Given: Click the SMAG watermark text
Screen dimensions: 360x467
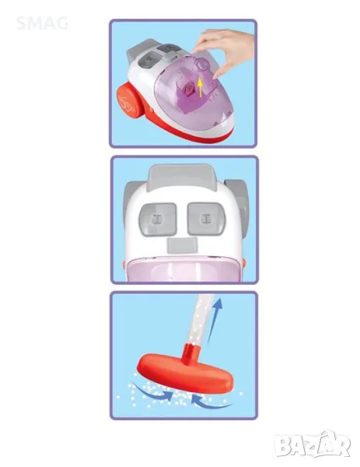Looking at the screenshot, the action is (x=42, y=23).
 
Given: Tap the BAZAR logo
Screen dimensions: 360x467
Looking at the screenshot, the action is (x=313, y=444).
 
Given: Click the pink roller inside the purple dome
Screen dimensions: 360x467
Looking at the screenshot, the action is (x=190, y=89).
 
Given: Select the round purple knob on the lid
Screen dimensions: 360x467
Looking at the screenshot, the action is (x=202, y=64).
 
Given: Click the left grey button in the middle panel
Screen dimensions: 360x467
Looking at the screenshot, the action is (x=158, y=219).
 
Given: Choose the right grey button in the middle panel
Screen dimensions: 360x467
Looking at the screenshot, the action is (x=206, y=219).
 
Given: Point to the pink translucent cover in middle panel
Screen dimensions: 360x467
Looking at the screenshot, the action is (x=183, y=269).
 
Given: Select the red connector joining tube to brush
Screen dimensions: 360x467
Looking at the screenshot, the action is (x=192, y=353).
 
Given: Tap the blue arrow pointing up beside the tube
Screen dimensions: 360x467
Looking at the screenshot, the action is (x=215, y=320).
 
